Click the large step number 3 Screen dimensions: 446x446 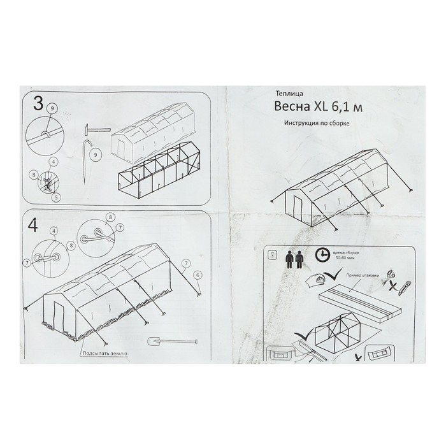(38, 104)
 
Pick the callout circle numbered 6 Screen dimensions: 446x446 (198, 275)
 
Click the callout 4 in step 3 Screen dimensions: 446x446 (54, 162)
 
